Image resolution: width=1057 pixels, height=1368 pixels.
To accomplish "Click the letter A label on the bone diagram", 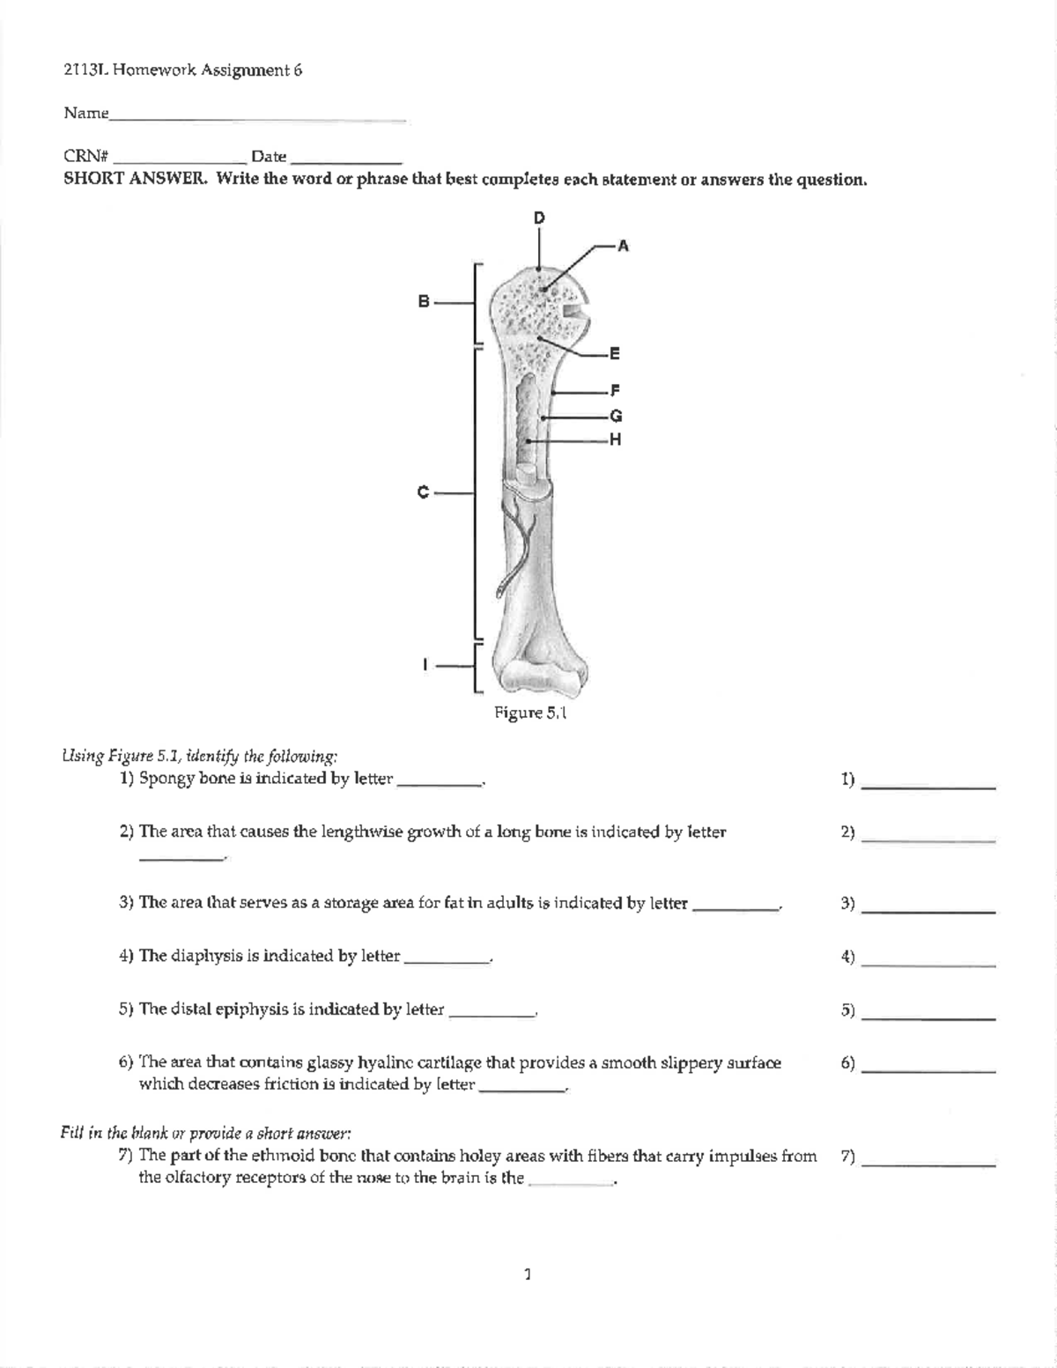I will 623,247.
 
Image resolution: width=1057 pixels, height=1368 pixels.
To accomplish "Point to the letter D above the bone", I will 539,218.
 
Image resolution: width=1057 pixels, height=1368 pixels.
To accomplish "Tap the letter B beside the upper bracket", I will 424,302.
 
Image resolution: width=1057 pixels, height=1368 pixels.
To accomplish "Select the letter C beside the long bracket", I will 424,492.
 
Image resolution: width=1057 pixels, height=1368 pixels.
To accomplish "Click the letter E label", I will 615,354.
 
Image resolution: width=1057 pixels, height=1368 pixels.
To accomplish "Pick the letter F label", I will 615,390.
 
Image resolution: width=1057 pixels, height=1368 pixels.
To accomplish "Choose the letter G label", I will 616,416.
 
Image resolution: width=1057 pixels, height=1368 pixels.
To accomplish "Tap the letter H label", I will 615,440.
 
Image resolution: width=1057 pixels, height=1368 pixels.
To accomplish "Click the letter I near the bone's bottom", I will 425,665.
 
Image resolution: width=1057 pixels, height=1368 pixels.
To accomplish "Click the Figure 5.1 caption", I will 529,713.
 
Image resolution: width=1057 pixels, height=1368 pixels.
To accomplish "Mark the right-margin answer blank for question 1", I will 928,787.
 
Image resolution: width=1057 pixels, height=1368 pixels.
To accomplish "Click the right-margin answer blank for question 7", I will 928,1165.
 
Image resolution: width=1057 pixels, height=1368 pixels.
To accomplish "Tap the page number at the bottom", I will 527,1273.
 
